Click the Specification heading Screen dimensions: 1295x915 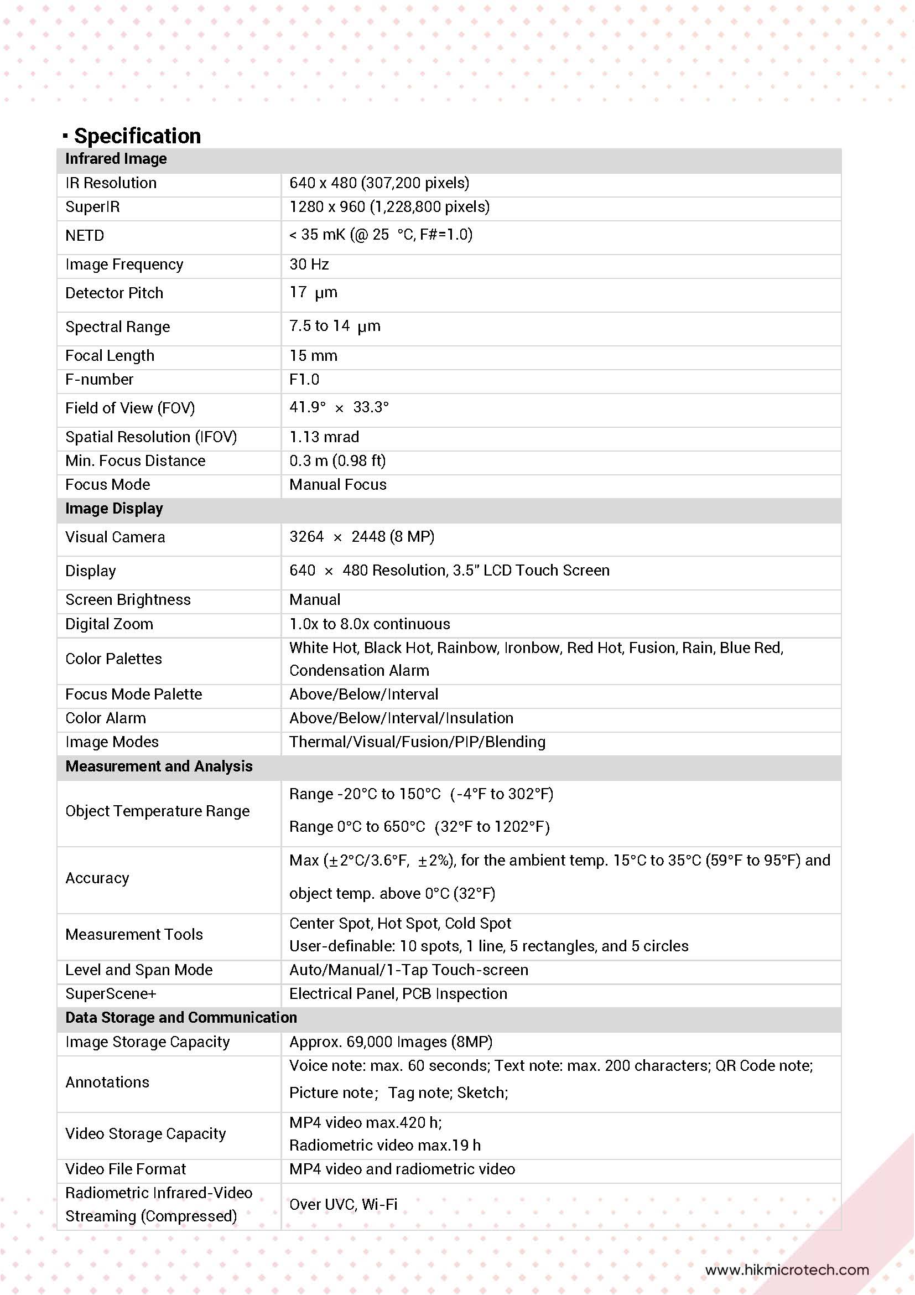click(137, 136)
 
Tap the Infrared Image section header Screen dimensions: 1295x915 click(116, 159)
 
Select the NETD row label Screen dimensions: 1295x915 click(85, 236)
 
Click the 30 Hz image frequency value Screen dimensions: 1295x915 click(309, 265)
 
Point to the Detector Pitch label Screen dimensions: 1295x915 click(114, 293)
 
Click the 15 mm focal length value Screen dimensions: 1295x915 click(313, 356)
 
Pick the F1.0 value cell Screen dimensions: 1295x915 click(304, 380)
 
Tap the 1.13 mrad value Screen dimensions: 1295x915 click(324, 437)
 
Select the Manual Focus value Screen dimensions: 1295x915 click(337, 485)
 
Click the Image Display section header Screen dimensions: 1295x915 click(114, 509)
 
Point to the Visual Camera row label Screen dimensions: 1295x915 click(115, 537)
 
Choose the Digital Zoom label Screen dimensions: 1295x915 click(109, 624)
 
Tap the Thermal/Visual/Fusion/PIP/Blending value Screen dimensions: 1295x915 click(417, 742)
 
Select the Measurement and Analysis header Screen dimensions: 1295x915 click(158, 766)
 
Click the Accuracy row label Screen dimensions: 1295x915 click(97, 878)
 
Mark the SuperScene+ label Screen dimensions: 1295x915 click(111, 994)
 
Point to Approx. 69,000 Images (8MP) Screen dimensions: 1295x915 click(391, 1042)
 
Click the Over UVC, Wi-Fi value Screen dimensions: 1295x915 click(343, 1205)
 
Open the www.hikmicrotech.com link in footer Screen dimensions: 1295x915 click(787, 1270)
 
